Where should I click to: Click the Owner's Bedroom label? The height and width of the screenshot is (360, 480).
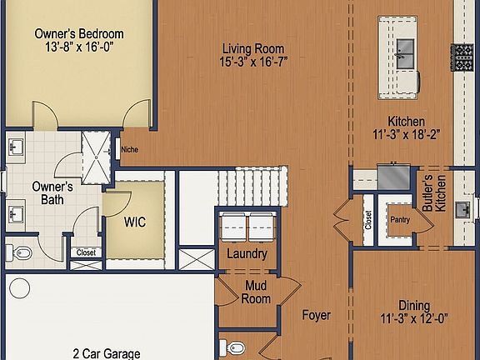tap(79, 34)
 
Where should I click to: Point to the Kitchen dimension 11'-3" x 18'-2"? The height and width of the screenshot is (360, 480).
tap(406, 134)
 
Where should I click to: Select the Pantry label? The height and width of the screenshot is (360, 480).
tap(400, 220)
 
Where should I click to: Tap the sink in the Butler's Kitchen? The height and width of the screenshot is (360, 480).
tap(463, 208)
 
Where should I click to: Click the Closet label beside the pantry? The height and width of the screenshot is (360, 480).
tap(368, 219)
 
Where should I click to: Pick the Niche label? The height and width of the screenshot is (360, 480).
tap(129, 150)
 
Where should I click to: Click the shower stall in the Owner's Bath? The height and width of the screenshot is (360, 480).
tap(96, 156)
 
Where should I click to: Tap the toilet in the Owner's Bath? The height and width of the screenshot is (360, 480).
tap(22, 251)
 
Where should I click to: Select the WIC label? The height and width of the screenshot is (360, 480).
tap(136, 223)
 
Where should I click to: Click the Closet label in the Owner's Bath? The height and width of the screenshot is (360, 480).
tap(86, 252)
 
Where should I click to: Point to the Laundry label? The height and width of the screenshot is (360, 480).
tap(247, 254)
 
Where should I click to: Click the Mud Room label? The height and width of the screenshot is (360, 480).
tap(256, 292)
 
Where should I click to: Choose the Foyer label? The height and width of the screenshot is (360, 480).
tap(316, 316)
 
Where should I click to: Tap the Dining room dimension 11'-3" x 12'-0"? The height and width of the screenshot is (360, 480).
tap(414, 317)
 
